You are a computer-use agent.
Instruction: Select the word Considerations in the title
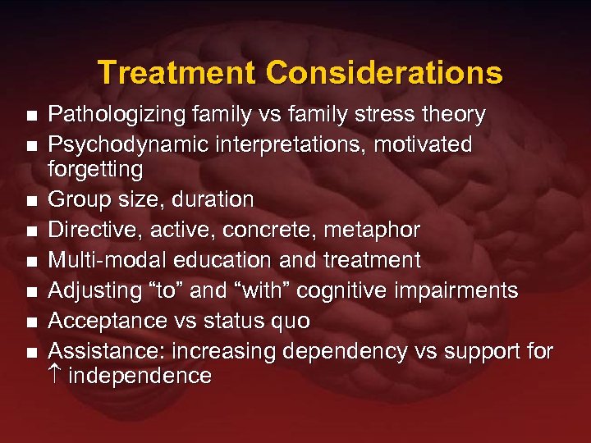[x=383, y=73]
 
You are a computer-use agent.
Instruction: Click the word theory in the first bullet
[x=455, y=114]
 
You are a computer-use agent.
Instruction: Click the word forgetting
[x=95, y=169]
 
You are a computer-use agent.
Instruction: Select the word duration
[x=213, y=199]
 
